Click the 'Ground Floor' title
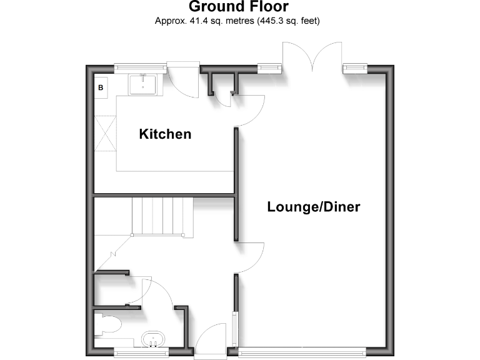(x=238, y=7)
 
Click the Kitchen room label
(x=165, y=134)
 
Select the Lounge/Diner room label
(x=313, y=207)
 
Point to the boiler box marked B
(x=100, y=88)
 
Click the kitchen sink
(x=144, y=84)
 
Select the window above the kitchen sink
(x=139, y=66)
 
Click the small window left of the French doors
(x=270, y=66)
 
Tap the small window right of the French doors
(x=354, y=66)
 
